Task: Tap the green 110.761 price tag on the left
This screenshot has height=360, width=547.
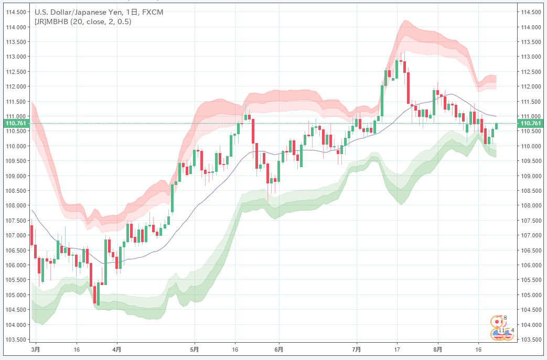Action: coord(15,124)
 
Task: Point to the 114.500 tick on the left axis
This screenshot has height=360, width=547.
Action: coord(15,12)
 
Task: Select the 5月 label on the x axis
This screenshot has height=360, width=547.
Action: coord(195,348)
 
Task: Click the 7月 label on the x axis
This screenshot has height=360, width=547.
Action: coord(357,348)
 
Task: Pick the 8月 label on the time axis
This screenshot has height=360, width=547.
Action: coord(438,348)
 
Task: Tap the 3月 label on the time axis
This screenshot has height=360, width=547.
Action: coord(35,348)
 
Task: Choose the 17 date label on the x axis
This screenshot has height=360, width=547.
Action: coord(397,348)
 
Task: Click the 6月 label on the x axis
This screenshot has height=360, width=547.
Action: coord(279,348)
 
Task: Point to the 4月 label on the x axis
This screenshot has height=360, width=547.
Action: coord(117,348)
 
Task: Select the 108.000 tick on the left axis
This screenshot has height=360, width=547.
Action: coord(15,205)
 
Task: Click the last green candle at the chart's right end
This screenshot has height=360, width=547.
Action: coord(496,126)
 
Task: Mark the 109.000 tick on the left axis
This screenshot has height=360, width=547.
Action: coord(15,176)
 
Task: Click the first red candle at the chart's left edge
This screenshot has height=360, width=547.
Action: coord(32,235)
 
